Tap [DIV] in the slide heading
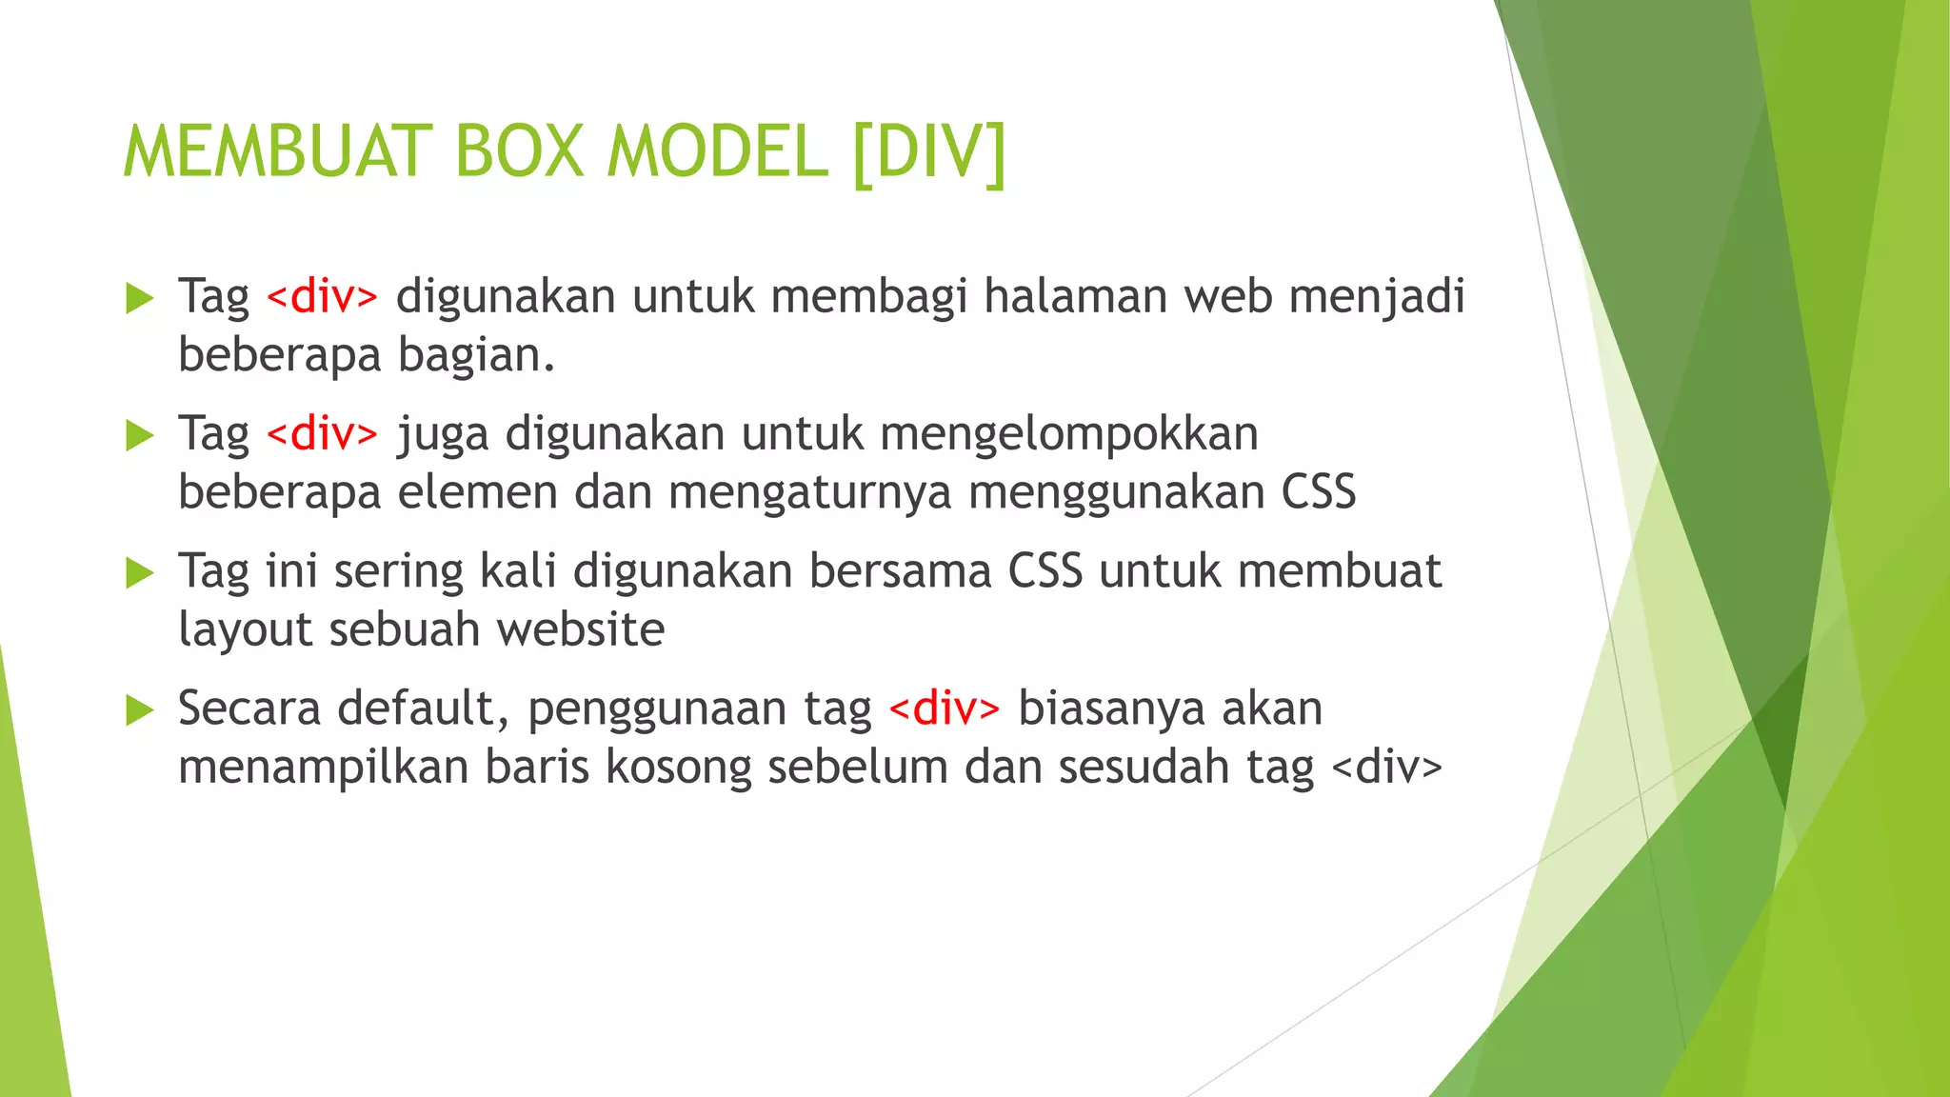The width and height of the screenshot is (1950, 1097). (x=928, y=152)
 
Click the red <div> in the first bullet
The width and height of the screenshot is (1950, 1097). (x=322, y=296)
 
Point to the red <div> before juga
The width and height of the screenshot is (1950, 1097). (x=322, y=434)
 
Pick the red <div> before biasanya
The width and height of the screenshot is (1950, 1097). (x=944, y=708)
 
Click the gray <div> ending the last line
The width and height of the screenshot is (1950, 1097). (x=1386, y=767)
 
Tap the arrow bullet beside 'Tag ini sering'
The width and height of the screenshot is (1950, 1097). (x=139, y=573)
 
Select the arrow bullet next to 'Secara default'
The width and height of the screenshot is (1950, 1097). (x=139, y=710)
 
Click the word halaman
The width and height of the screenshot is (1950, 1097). (x=1075, y=296)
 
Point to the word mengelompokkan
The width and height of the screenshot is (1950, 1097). (x=1068, y=434)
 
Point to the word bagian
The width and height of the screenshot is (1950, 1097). (x=475, y=355)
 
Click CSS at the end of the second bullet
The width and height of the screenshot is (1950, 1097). (x=1318, y=492)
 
